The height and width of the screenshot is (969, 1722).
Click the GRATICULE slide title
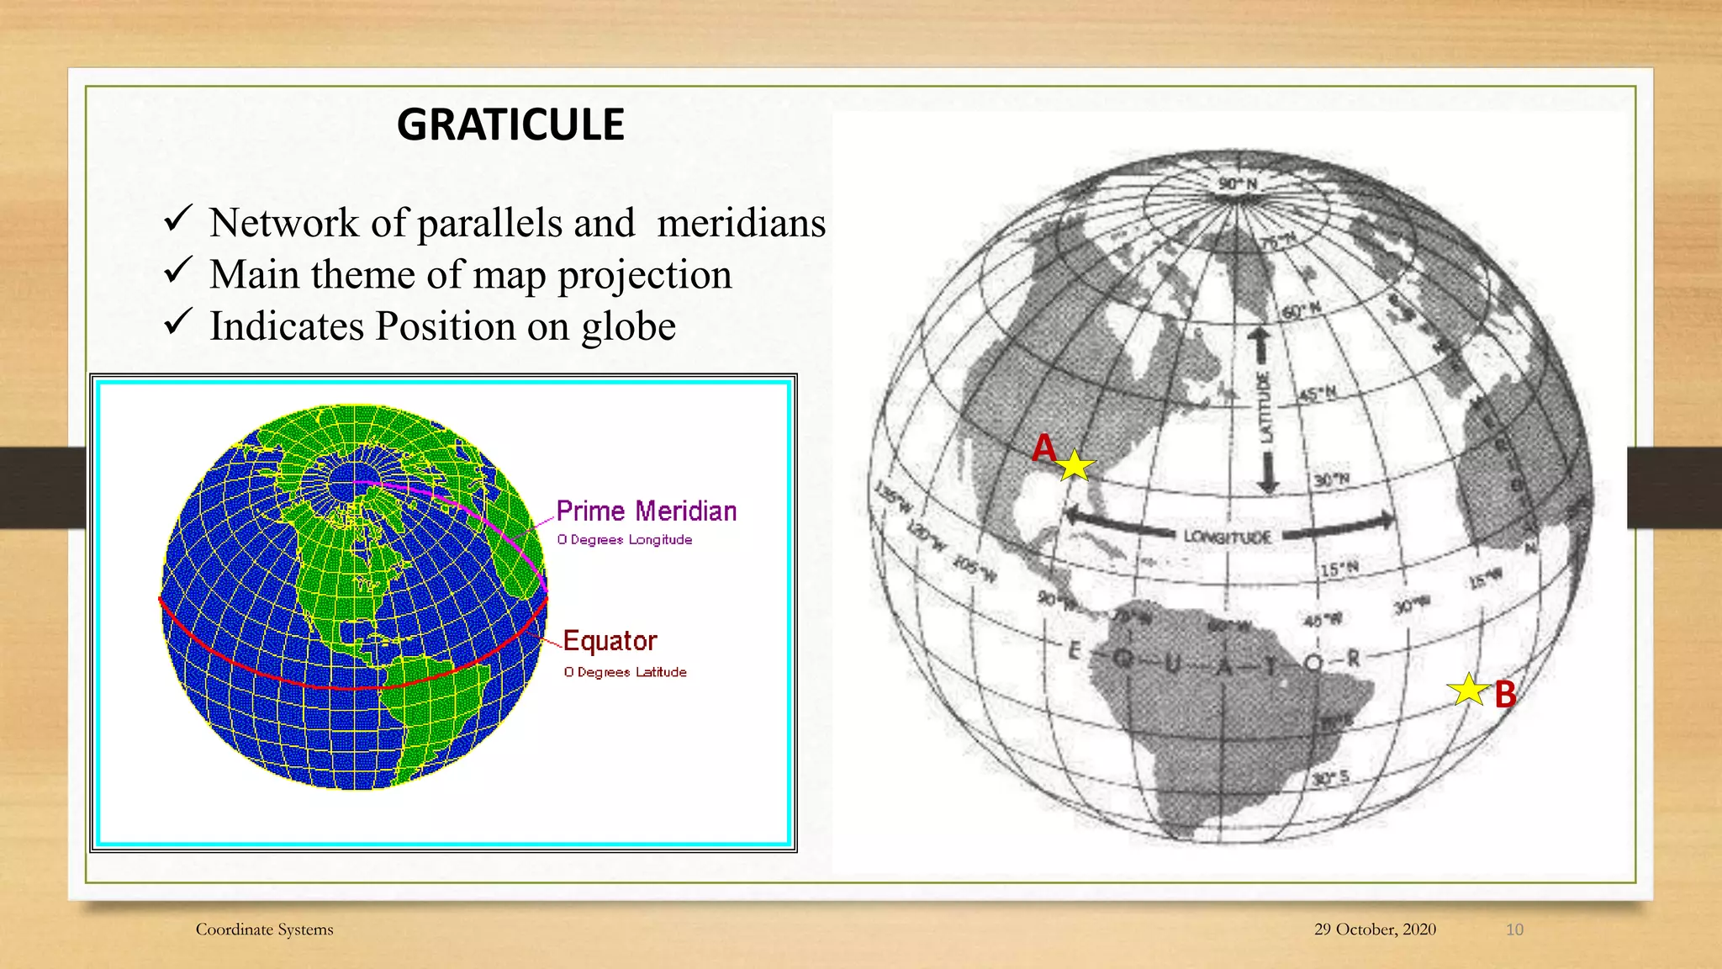510,124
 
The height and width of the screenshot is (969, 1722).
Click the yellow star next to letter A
1075,465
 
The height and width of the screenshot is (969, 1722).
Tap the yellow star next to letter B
1468,690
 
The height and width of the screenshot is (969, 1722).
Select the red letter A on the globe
1043,447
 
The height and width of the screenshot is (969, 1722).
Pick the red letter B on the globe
1505,695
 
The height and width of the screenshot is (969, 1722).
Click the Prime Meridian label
646,511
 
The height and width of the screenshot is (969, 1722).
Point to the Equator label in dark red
610,641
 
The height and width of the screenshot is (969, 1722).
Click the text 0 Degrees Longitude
624,540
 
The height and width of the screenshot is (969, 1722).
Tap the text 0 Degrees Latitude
625,672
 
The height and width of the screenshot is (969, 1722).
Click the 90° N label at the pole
1238,184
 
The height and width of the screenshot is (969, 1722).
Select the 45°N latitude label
1318,394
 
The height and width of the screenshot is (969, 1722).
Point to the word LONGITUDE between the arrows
1227,537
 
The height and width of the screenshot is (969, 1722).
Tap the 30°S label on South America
1331,778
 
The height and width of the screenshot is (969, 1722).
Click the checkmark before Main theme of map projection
178,271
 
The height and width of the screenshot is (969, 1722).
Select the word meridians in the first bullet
741,223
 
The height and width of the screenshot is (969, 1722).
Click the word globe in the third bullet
628,326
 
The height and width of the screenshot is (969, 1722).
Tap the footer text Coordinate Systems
264,929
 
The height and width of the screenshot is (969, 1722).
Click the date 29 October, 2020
1375,929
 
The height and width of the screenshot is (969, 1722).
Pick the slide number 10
1514,929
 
